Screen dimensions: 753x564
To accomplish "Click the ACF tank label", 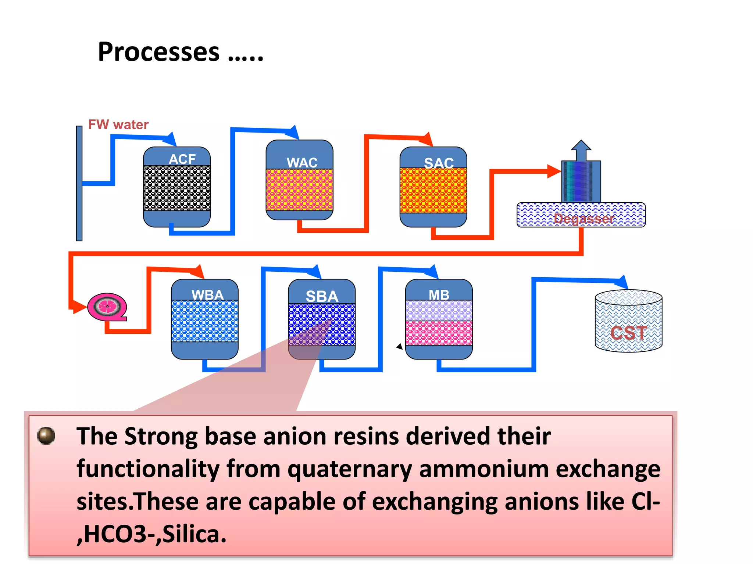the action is [x=182, y=159].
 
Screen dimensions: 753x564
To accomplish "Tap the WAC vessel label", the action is [x=302, y=163].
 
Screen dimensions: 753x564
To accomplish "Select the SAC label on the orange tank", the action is [x=439, y=163].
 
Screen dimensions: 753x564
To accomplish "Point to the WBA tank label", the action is [x=207, y=295].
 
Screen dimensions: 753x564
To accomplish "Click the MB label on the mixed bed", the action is [x=439, y=295].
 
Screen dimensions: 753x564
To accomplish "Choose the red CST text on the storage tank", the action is [x=628, y=333].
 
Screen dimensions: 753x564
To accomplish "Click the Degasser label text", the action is [x=584, y=219].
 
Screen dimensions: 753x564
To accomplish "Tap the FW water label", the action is [x=118, y=124].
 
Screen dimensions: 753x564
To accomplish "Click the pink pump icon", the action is [x=107, y=307].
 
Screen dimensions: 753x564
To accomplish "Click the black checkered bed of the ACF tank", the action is [x=177, y=188].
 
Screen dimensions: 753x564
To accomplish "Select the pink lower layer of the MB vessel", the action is [x=439, y=333].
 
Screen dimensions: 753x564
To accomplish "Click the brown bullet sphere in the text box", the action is [x=46, y=435].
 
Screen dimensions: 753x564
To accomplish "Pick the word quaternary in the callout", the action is [x=350, y=470].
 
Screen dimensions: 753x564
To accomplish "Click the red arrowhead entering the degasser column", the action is [x=554, y=171].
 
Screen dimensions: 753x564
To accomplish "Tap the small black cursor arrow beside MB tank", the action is [x=400, y=346].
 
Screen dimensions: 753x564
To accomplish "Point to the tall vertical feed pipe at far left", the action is [x=79, y=183].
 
